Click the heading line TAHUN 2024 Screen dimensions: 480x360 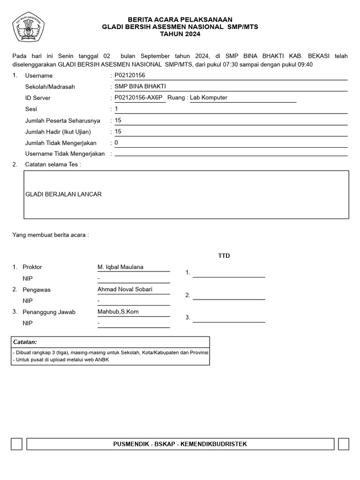click(x=180, y=34)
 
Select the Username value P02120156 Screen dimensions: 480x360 click(x=130, y=75)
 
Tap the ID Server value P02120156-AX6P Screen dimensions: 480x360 click(x=138, y=97)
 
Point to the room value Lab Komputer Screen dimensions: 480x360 click(x=209, y=97)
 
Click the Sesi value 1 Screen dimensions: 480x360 click(x=117, y=109)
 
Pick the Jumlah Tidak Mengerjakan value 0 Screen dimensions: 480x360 click(x=116, y=142)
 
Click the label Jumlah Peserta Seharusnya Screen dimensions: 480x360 click(x=62, y=120)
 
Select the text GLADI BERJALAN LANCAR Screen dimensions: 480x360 click(x=64, y=194)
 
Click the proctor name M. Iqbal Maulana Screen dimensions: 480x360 click(x=120, y=267)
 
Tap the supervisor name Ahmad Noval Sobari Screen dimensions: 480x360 click(x=125, y=289)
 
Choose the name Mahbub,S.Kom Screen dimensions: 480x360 click(x=118, y=312)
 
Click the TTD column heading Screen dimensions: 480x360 click(x=224, y=256)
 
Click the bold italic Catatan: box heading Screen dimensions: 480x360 click(x=25, y=342)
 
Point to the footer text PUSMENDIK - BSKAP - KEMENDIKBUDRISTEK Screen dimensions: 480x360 click(x=180, y=444)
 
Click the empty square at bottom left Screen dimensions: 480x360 click(x=16, y=444)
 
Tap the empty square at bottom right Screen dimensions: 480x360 click(x=343, y=444)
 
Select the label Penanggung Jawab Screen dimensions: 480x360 click(x=49, y=312)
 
